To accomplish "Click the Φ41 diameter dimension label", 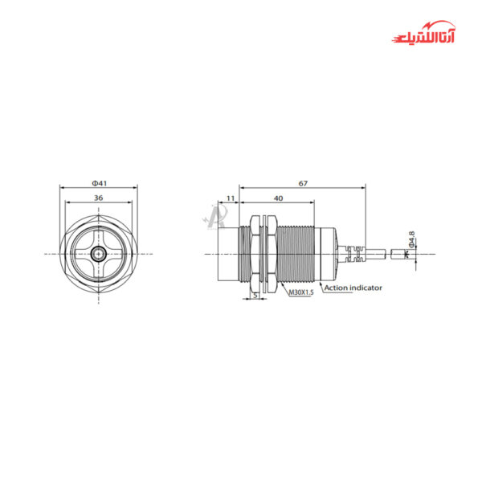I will [x=98, y=182].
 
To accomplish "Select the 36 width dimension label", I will [x=98, y=197].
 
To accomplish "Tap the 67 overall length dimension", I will [x=302, y=183].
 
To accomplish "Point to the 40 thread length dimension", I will [x=278, y=198].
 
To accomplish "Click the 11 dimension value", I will [x=230, y=198].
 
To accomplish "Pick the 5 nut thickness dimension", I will [x=255, y=295].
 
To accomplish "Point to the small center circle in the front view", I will [x=98, y=254].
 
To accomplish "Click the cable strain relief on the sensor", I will [x=351, y=254].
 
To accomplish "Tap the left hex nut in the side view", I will [x=255, y=254].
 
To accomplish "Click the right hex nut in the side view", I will [x=270, y=254].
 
